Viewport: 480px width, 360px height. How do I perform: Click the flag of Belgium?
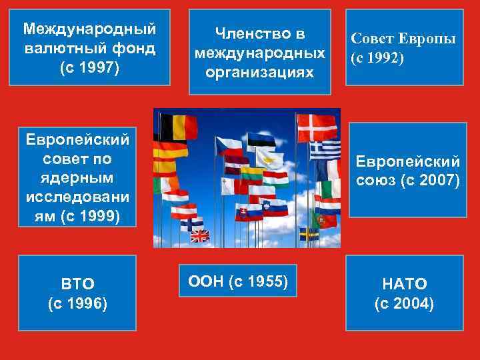click(x=177, y=127)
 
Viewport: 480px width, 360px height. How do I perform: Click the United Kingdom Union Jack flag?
click(x=200, y=235)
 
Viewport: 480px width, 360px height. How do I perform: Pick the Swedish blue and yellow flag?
click(x=309, y=234)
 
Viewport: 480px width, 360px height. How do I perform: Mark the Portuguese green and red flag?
click(x=326, y=219)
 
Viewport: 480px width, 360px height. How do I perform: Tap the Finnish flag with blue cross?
click(x=191, y=223)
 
